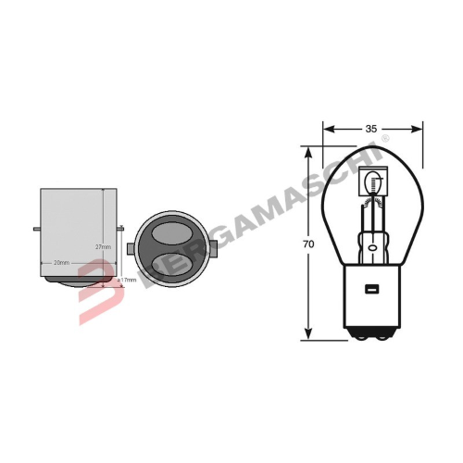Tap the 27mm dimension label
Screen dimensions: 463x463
pos(104,247)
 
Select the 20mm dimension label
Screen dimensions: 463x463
pos(63,262)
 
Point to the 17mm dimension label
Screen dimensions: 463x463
pos(127,279)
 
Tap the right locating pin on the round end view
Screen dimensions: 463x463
pos(215,246)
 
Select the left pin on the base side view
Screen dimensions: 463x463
pos(34,231)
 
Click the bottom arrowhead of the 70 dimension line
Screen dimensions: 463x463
pos(309,336)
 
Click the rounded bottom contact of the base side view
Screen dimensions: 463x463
pos(78,280)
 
